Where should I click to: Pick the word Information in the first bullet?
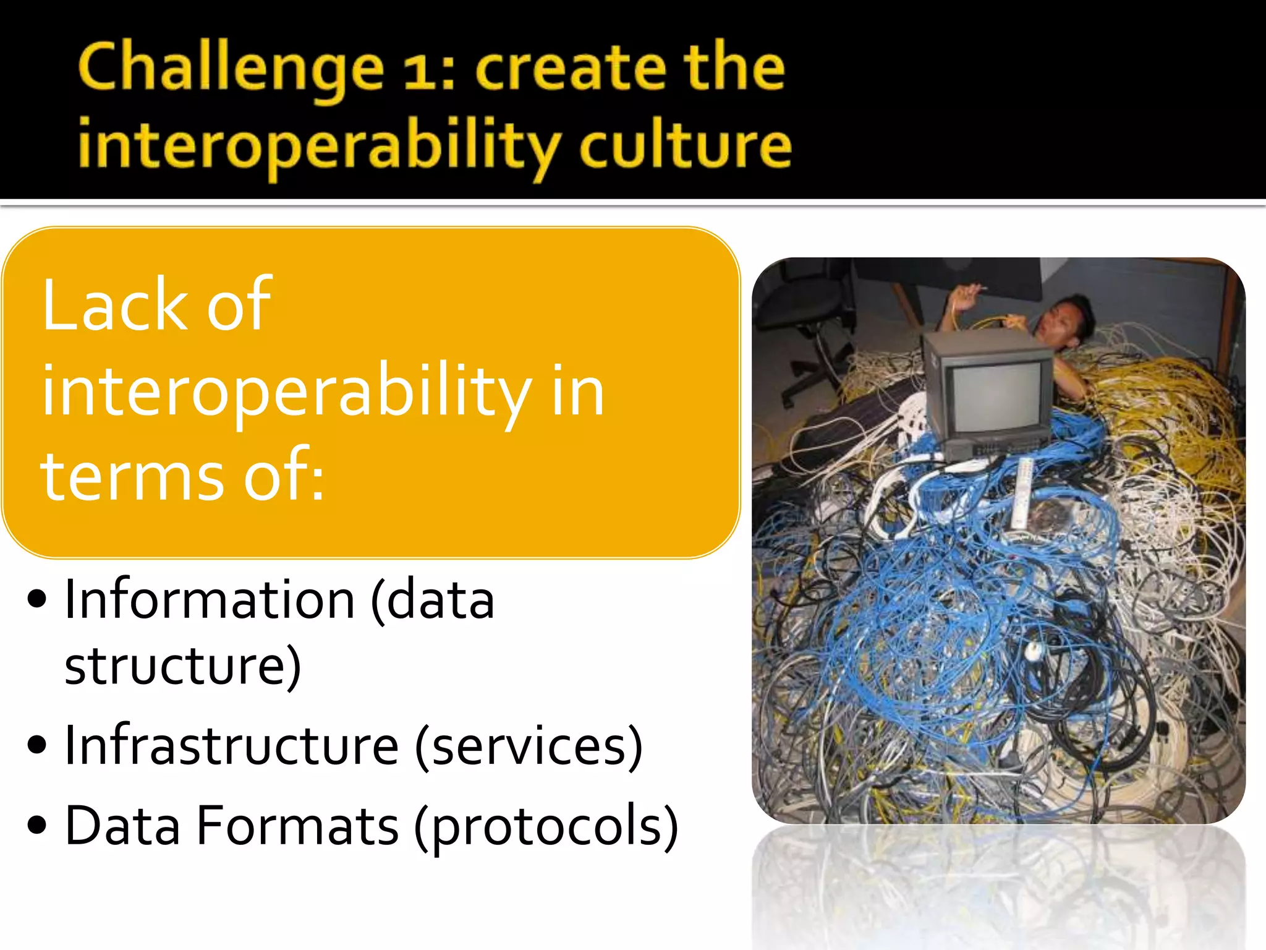pyautogui.click(x=210, y=599)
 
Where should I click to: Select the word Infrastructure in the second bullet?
pyautogui.click(x=232, y=745)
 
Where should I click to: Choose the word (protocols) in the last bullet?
pyautogui.click(x=546, y=827)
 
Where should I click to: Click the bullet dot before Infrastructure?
pyautogui.click(x=37, y=744)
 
